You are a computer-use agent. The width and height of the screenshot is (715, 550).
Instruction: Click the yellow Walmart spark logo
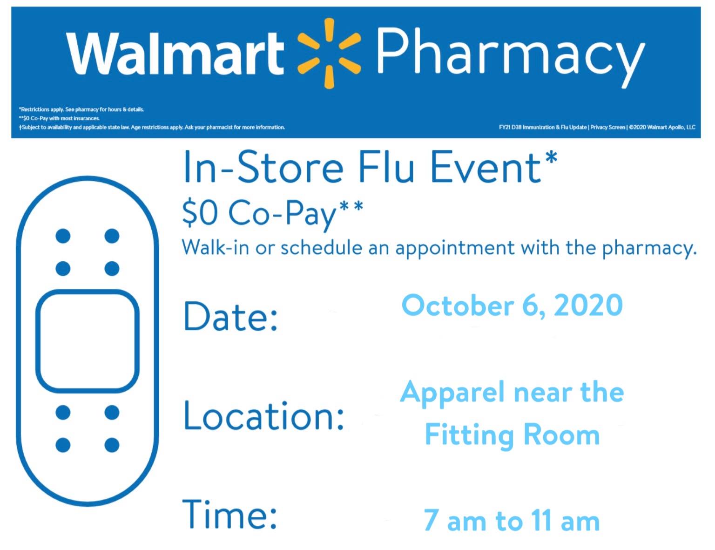(x=329, y=53)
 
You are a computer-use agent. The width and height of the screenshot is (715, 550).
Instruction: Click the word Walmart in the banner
(x=175, y=53)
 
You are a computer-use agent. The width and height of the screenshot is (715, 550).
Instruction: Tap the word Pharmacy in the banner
(x=510, y=56)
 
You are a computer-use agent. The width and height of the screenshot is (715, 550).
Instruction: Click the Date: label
(x=231, y=316)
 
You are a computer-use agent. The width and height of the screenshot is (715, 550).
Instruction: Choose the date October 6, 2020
(x=512, y=306)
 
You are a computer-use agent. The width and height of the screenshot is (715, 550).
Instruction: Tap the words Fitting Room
(x=512, y=435)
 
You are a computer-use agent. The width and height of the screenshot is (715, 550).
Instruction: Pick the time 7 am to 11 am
(x=512, y=520)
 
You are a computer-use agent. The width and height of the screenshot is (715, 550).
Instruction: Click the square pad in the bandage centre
(x=87, y=341)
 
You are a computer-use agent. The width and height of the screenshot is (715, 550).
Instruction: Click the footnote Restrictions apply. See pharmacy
(x=81, y=109)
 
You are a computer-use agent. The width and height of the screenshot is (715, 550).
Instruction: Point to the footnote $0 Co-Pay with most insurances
(x=59, y=118)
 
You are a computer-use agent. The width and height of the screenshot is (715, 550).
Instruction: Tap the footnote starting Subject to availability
(x=152, y=128)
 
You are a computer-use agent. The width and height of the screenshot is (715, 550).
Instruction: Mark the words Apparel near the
(x=512, y=394)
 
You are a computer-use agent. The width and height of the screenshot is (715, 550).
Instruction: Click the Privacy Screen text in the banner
(x=608, y=128)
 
